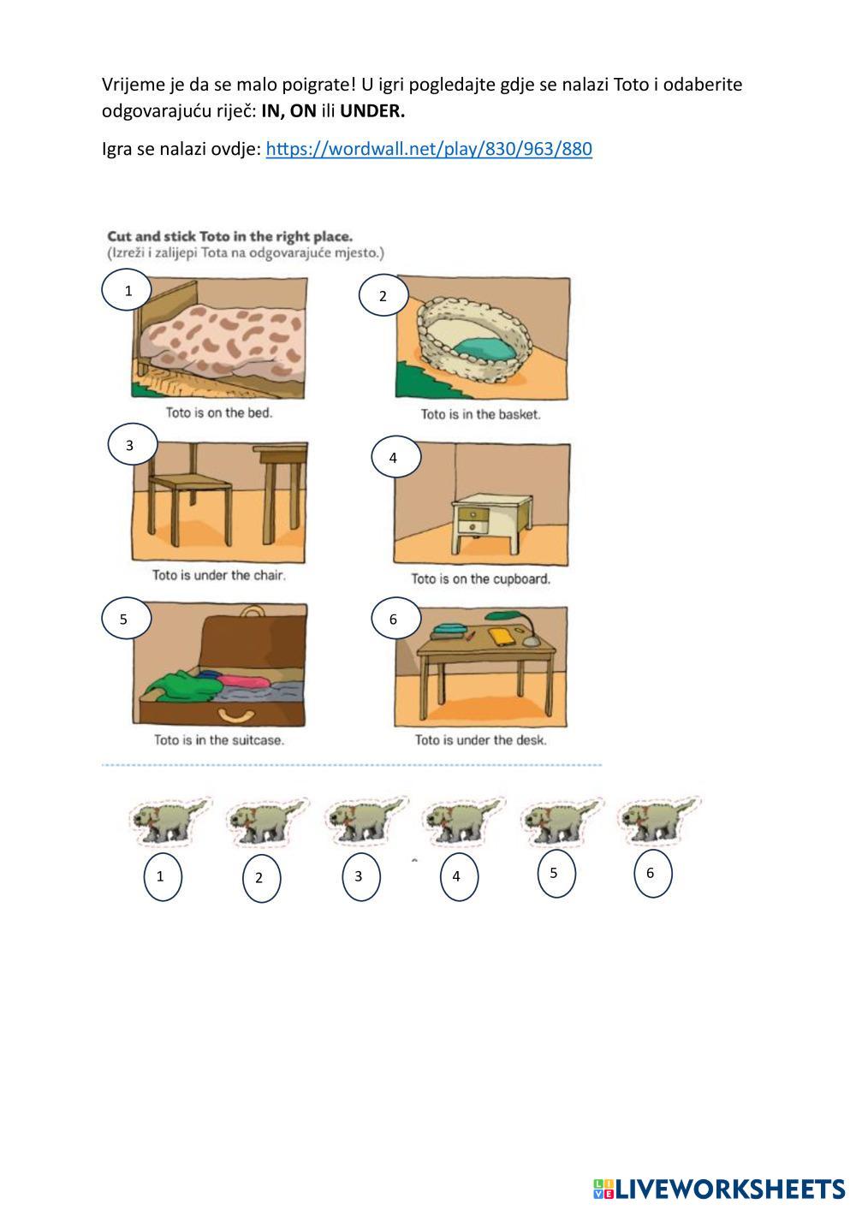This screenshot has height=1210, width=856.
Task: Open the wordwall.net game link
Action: (429, 149)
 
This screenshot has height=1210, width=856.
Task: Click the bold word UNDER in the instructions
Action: (372, 111)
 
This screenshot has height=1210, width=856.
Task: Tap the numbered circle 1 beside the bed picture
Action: (127, 289)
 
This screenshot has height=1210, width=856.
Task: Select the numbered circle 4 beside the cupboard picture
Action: (396, 456)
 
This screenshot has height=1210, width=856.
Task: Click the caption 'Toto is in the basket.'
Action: (480, 414)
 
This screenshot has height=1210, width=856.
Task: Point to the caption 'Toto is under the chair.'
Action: (219, 575)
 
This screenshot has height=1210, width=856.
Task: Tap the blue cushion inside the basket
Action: (484, 348)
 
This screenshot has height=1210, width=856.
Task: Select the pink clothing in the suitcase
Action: (244, 680)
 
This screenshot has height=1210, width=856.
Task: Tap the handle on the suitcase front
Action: (235, 715)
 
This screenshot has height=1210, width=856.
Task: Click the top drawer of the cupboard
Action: (473, 513)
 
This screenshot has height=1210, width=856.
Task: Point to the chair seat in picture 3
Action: (190, 483)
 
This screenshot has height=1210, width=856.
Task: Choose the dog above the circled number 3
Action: (366, 821)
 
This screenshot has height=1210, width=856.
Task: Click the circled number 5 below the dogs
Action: (556, 874)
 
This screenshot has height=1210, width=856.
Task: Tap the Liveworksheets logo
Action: (719, 1189)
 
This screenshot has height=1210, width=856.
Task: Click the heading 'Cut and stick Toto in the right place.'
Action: (229, 236)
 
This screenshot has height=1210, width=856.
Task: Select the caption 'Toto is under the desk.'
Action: (480, 739)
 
